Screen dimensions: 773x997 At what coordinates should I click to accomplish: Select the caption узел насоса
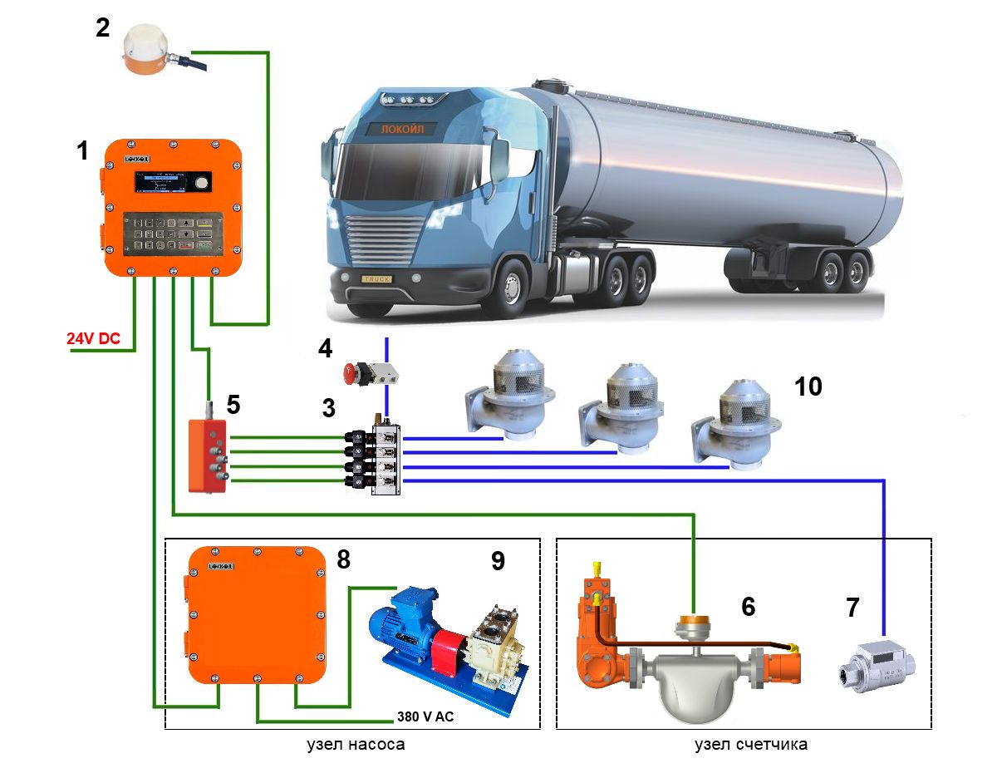(x=356, y=745)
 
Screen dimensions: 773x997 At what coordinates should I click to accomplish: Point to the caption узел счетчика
(x=751, y=745)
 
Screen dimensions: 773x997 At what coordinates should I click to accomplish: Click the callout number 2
(x=101, y=28)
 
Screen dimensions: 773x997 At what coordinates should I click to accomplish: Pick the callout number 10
(x=808, y=386)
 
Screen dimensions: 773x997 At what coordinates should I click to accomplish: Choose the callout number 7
(x=853, y=608)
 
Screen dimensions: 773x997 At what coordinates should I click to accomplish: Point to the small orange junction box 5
(x=208, y=455)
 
